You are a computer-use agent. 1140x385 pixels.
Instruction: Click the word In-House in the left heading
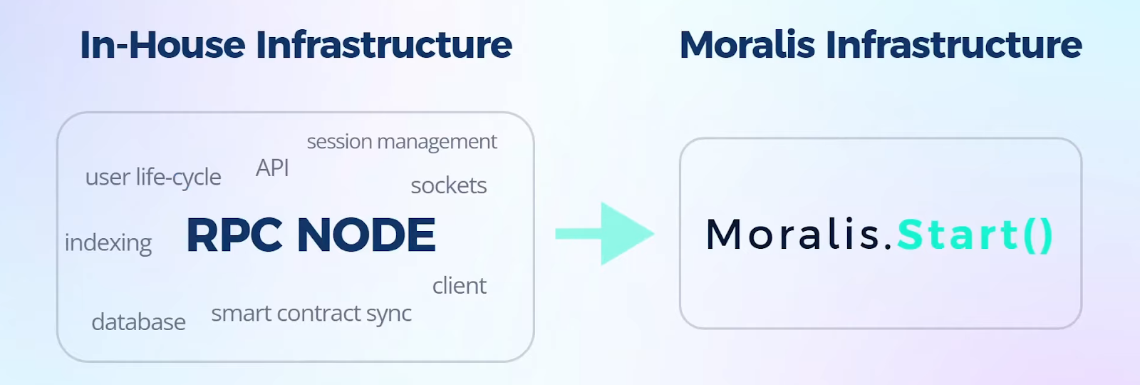[x=163, y=45]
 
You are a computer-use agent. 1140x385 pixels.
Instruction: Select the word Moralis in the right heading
[x=747, y=45]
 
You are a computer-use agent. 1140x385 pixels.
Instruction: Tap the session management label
[x=402, y=142]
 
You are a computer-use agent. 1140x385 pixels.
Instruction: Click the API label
[x=272, y=168]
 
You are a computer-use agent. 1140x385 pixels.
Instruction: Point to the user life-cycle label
[x=153, y=178]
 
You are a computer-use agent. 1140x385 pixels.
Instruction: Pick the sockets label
[x=449, y=186]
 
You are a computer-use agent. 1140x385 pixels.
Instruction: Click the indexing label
[x=108, y=243]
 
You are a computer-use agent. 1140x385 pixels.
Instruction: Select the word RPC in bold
[x=234, y=235]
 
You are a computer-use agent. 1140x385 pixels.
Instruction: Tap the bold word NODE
[x=366, y=235]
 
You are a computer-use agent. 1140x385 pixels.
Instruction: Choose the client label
[x=460, y=286]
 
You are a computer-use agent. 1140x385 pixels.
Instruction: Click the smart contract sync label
[x=311, y=314]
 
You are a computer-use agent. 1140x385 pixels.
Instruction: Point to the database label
[x=138, y=322]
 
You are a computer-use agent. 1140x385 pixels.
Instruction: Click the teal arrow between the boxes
[x=605, y=234]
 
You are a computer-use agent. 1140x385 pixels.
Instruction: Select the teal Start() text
[x=975, y=235]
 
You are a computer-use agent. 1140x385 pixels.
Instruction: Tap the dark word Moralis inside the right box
[x=793, y=235]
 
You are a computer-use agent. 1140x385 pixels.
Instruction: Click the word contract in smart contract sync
[x=319, y=313]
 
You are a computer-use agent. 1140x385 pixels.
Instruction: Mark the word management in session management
[x=437, y=143]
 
